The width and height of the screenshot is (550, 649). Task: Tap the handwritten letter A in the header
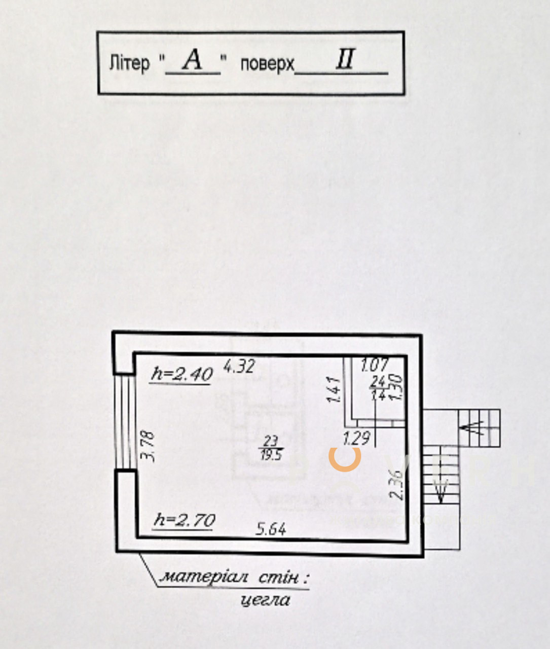(x=193, y=61)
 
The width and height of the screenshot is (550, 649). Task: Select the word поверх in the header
(x=267, y=64)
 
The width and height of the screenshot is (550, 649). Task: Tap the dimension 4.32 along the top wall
(x=239, y=366)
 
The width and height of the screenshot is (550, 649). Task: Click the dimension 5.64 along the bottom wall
(x=271, y=529)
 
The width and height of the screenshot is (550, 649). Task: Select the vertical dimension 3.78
(x=147, y=446)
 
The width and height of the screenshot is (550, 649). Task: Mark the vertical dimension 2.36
(x=397, y=485)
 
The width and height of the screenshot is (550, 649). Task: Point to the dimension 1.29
(x=356, y=437)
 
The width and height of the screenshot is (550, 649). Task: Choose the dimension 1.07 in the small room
(x=375, y=365)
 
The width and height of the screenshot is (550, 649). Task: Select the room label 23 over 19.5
(x=272, y=447)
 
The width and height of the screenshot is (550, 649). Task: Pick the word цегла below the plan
(x=266, y=600)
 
